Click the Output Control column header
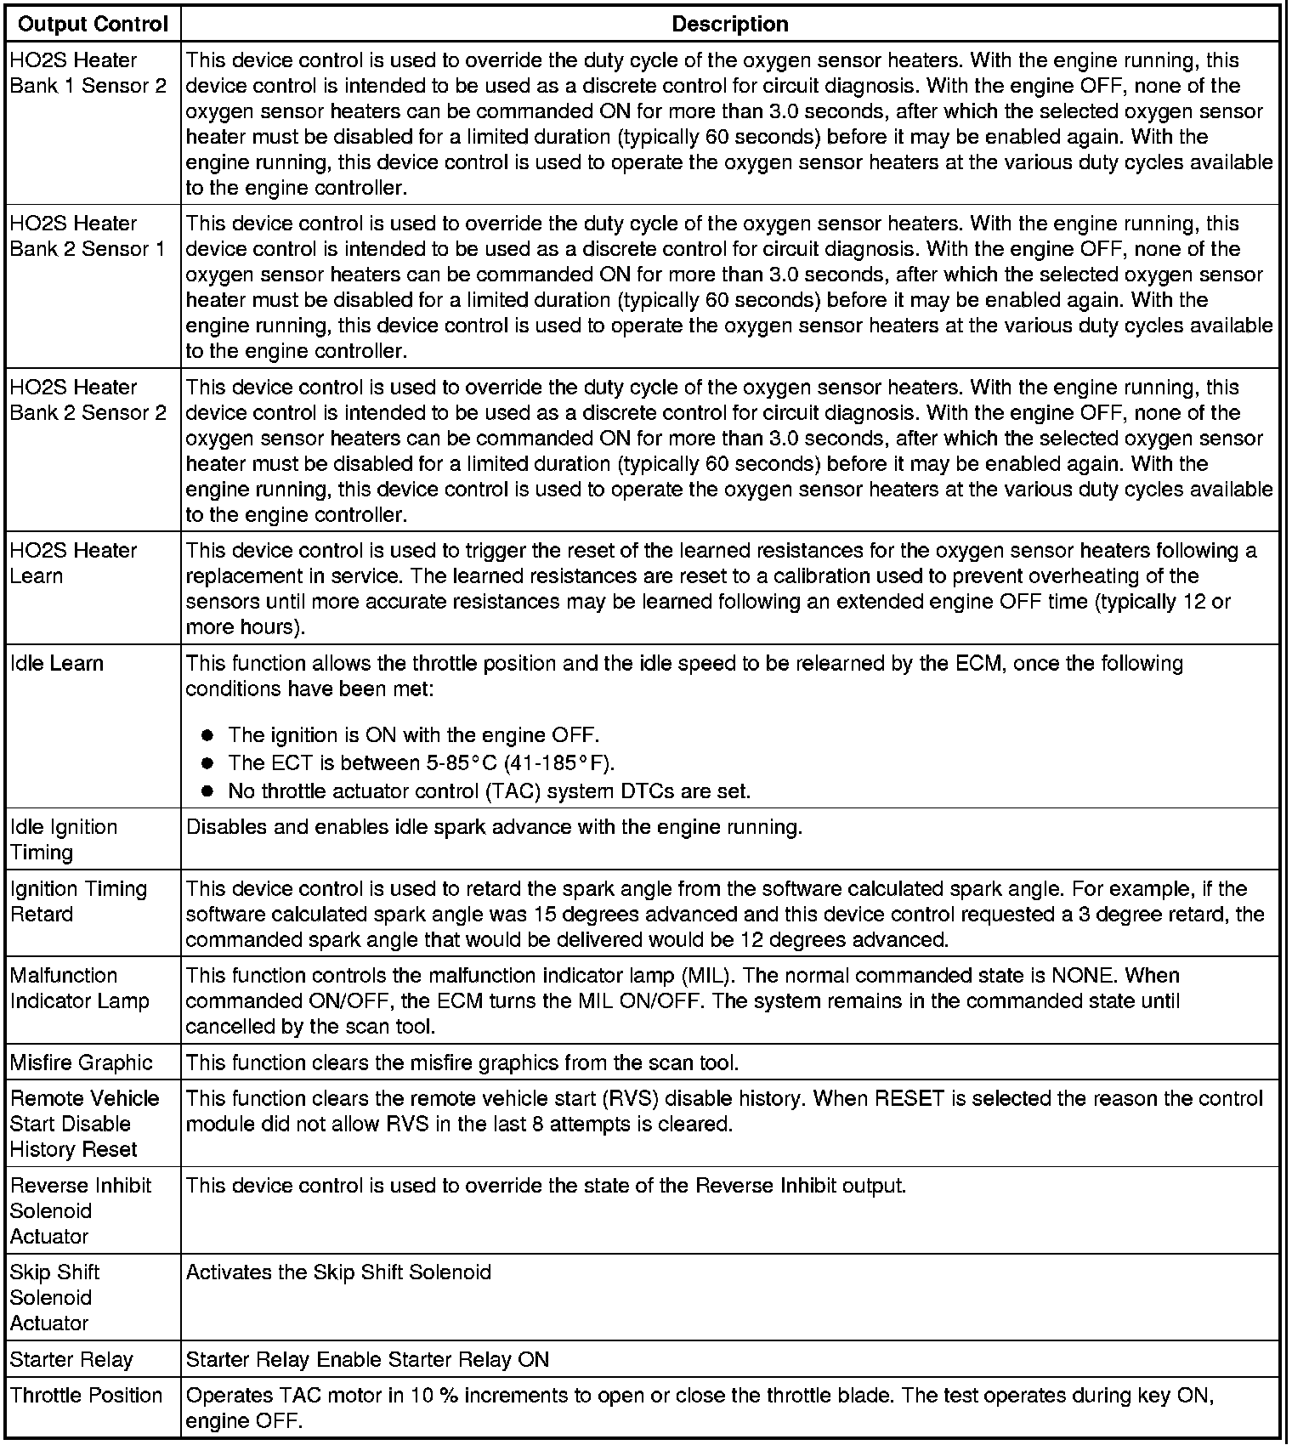[93, 24]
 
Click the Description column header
[729, 24]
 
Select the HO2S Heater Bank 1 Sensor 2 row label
[88, 73]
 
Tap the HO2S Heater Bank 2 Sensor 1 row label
[88, 236]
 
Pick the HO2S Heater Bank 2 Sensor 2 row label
[88, 399]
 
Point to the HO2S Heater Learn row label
[73, 563]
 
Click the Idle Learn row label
[56, 663]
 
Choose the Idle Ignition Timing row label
[63, 839]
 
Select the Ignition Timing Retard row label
[78, 901]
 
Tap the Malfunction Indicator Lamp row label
[79, 988]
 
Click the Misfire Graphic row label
[81, 1062]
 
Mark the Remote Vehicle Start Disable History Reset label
[84, 1124]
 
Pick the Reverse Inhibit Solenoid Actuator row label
[80, 1210]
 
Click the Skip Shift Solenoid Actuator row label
[54, 1297]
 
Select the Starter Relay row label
[71, 1359]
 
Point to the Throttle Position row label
[86, 1395]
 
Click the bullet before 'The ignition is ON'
[207, 735]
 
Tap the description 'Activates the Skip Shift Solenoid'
[338, 1272]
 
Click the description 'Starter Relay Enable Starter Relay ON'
[367, 1359]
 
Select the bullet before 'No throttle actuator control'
[207, 791]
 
